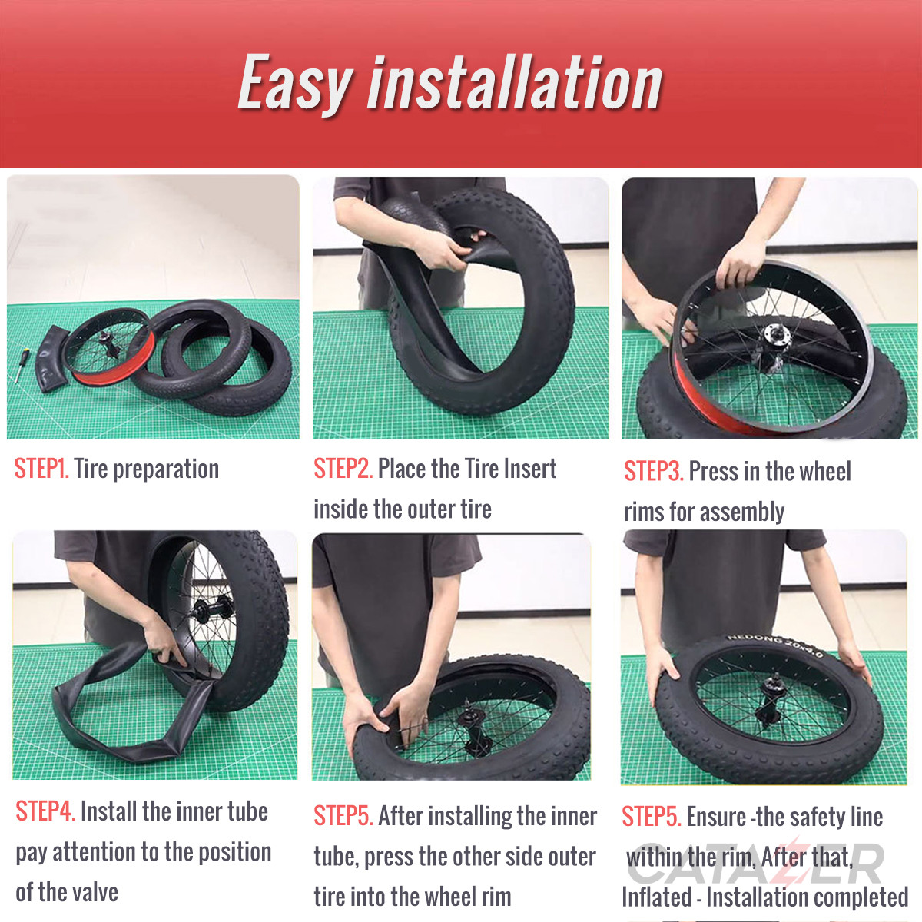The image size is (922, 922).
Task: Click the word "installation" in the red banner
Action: point(515,83)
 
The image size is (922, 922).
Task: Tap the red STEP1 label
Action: point(41,469)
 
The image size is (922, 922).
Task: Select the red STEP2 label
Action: point(343,469)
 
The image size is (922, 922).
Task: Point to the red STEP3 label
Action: point(653,471)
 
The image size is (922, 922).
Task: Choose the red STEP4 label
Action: point(45,811)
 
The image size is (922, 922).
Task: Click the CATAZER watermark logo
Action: point(757,864)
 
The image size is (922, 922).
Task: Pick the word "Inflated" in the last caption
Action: point(657,897)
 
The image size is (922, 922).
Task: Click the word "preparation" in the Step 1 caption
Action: point(165,469)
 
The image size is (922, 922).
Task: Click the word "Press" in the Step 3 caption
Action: point(712,471)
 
